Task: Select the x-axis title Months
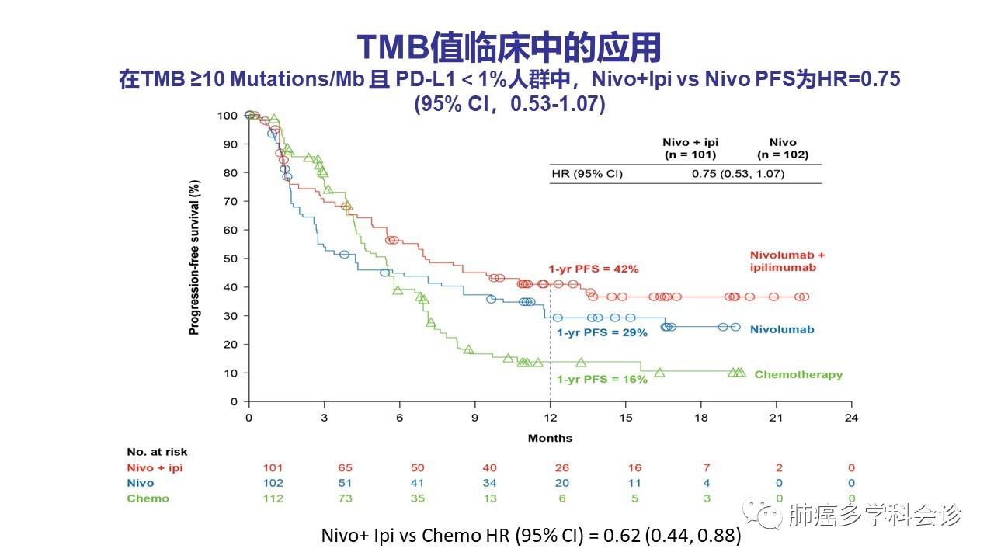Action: click(550, 438)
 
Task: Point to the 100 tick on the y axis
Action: click(228, 115)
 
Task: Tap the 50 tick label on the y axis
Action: click(230, 259)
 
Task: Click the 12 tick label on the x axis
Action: click(550, 417)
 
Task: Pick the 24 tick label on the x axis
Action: click(852, 417)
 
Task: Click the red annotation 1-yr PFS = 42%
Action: click(593, 269)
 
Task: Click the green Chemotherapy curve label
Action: click(798, 375)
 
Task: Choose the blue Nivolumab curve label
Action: click(782, 330)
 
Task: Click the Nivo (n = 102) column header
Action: click(782, 148)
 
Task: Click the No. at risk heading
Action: click(157, 452)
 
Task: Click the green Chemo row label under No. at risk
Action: click(148, 498)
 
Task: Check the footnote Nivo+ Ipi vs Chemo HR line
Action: click(531, 536)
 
